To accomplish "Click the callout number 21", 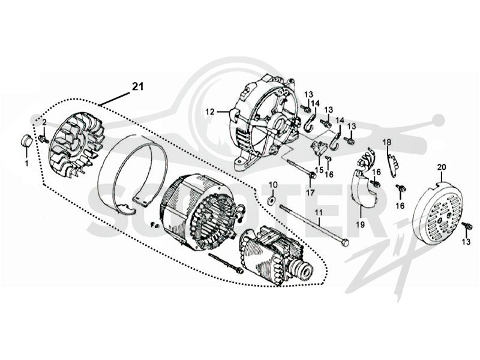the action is (x=138, y=86).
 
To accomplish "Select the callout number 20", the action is (x=442, y=167).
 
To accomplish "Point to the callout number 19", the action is (x=361, y=225).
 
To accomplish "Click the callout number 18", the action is (x=387, y=142).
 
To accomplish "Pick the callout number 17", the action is (x=310, y=193).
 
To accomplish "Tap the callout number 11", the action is (x=319, y=212).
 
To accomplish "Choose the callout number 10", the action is (x=273, y=185).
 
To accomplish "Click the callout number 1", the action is (x=26, y=163).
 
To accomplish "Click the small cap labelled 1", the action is (x=26, y=140).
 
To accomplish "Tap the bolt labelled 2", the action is (x=44, y=140).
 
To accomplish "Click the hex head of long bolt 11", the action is (x=345, y=243).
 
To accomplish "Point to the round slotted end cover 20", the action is (x=437, y=208).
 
